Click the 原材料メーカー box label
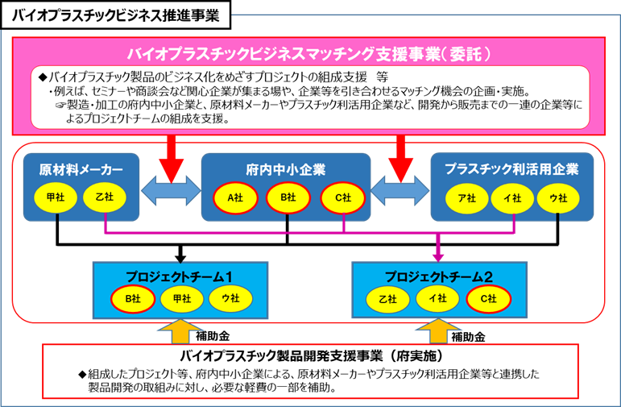[x=81, y=170]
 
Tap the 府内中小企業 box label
[x=285, y=170]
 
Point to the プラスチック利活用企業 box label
[x=511, y=170]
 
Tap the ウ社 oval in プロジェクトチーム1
[x=230, y=298]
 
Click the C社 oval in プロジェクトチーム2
[x=487, y=298]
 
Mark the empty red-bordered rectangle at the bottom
[x=310, y=372]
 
